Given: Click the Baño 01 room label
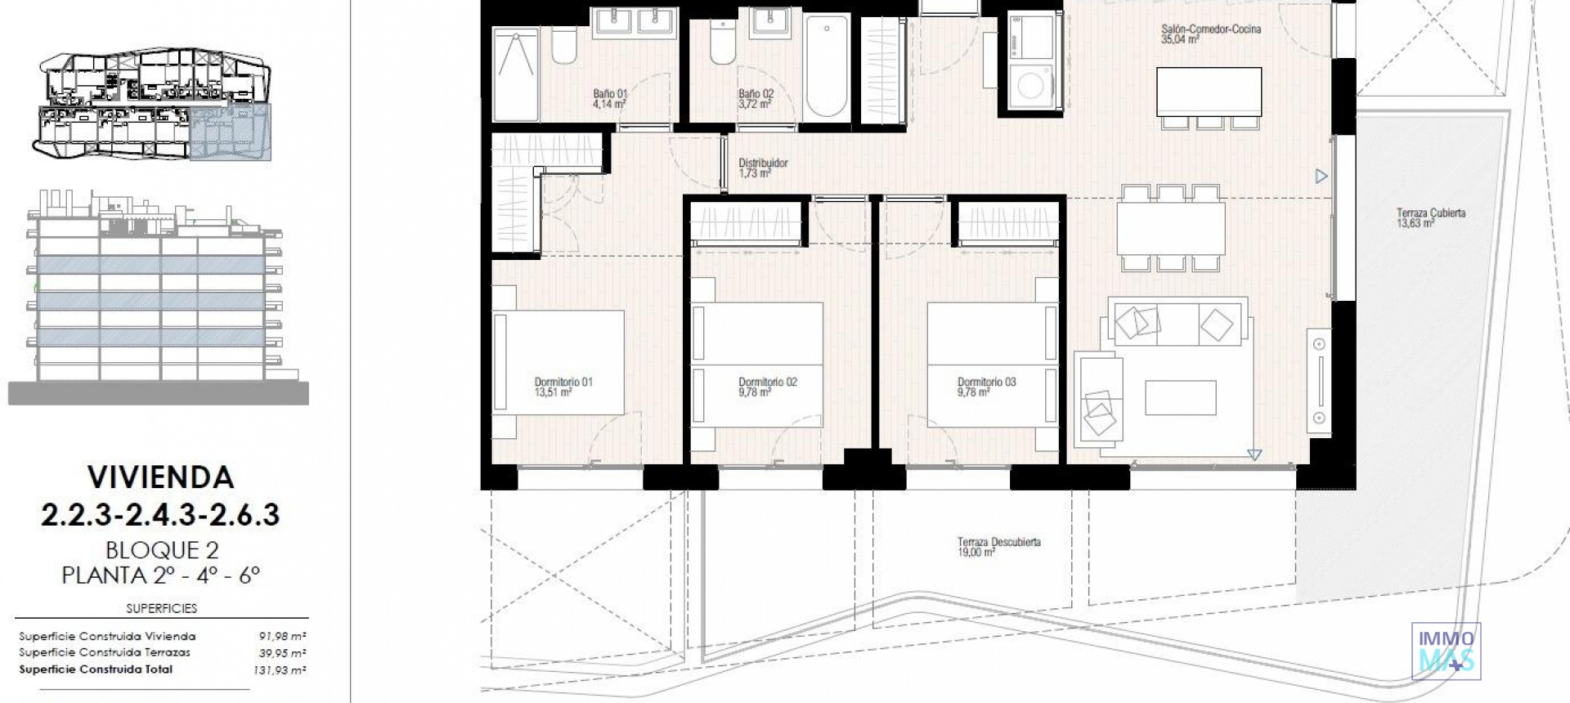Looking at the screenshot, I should tap(610, 99).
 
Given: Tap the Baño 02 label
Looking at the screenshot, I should tap(756, 99).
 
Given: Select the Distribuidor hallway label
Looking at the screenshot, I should tap(763, 168).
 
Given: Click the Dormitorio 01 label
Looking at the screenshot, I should tap(563, 387).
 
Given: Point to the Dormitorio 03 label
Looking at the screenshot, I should tap(986, 387).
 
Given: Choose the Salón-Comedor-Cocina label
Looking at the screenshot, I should tap(1210, 34).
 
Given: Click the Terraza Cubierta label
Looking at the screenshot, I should tap(1430, 217).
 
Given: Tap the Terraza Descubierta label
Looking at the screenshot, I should tap(998, 547).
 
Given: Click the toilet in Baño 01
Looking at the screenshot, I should tap(563, 46).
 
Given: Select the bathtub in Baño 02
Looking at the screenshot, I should tap(826, 68).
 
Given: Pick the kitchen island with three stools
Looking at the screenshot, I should tap(1209, 92).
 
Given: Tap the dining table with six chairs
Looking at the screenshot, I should tap(1171, 228).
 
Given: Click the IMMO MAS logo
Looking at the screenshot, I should tap(1446, 651).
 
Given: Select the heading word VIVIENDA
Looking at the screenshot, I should tap(160, 477).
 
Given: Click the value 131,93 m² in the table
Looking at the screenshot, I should tap(280, 670).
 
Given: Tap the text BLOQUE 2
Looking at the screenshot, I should tap(162, 550).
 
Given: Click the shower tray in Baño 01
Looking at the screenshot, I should tap(515, 74).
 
